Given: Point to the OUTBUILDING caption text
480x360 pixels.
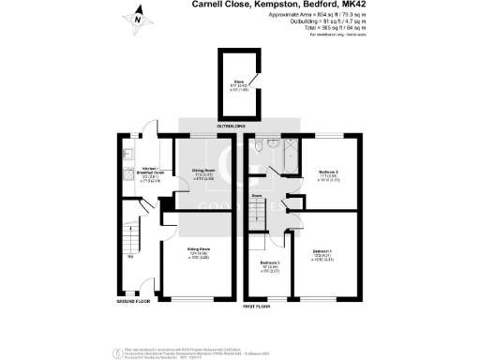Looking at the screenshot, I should [231, 126].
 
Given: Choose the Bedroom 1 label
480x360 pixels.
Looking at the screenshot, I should [323, 250].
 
